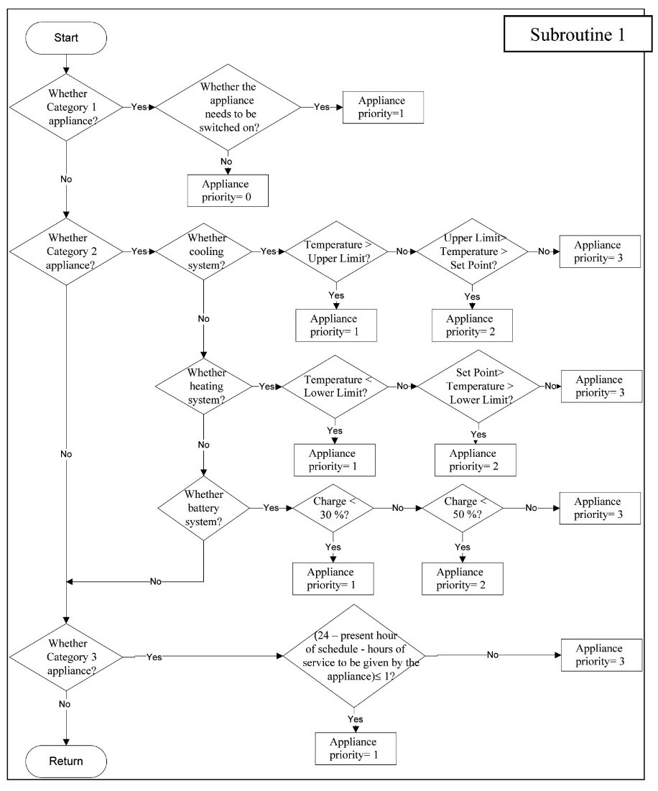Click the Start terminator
point(66,38)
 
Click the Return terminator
point(66,762)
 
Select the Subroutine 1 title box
point(578,34)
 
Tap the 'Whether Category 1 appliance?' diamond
point(67,107)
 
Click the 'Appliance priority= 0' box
point(228,190)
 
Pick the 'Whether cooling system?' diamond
point(204,251)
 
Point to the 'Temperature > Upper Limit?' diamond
point(337,251)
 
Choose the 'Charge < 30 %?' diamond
point(333,508)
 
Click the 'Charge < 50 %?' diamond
point(463,508)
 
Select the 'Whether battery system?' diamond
point(204,508)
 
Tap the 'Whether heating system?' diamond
point(204,386)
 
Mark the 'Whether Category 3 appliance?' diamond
point(67,657)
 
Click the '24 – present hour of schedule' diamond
point(354,656)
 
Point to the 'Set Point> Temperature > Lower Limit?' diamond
point(478,386)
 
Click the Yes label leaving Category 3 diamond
point(154,657)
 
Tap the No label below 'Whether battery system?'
point(156,582)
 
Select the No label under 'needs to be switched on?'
point(226,162)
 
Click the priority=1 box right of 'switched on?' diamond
point(383,107)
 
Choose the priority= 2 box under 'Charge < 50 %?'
point(463,578)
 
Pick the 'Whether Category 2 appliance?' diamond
point(67,251)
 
